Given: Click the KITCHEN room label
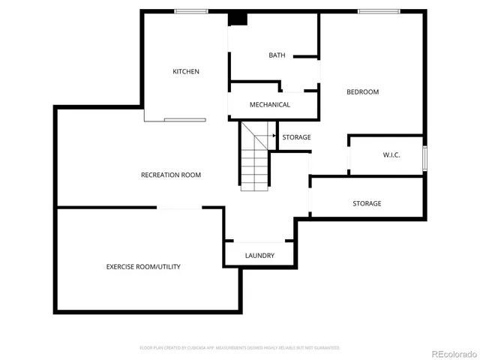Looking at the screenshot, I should pos(186,72).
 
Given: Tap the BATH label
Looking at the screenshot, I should pos(277,55).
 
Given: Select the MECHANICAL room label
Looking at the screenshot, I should pos(269,105).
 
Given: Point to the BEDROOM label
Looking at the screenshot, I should pos(362,92).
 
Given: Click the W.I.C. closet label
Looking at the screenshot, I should pos(391,155).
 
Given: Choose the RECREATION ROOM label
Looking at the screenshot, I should pos(171,175).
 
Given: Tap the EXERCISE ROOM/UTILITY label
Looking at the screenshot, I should pos(142,267).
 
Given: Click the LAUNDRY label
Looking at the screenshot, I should pos(259,256).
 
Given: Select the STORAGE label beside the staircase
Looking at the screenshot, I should pos(296,137).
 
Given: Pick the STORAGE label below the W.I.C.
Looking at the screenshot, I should pos(367,204).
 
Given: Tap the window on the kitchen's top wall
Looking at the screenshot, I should pos(191,10).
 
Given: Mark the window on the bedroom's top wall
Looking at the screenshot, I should pos(378,10).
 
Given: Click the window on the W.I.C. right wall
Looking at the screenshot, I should pos(424,158).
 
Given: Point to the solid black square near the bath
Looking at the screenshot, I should pos(238,19).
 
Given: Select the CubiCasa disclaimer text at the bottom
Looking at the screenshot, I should pos(240,348).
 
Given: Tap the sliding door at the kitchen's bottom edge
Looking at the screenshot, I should pos(184,119).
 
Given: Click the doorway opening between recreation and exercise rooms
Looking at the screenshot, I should pos(179,208).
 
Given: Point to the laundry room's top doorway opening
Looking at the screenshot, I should pos(259,241).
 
